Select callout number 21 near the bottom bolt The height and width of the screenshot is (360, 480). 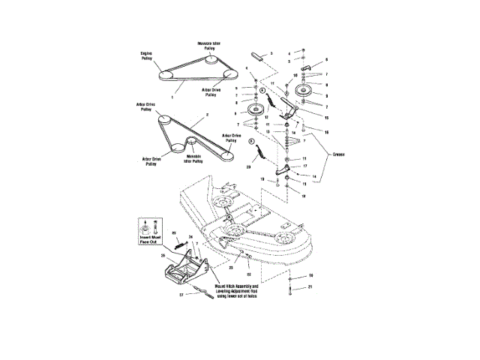[310, 287]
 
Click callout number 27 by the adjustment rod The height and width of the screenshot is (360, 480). [181, 295]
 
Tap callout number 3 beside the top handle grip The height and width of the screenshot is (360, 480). [271, 54]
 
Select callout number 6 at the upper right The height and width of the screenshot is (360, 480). [326, 58]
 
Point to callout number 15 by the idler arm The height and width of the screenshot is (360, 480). [325, 118]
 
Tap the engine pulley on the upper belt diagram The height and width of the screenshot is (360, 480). [166, 76]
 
